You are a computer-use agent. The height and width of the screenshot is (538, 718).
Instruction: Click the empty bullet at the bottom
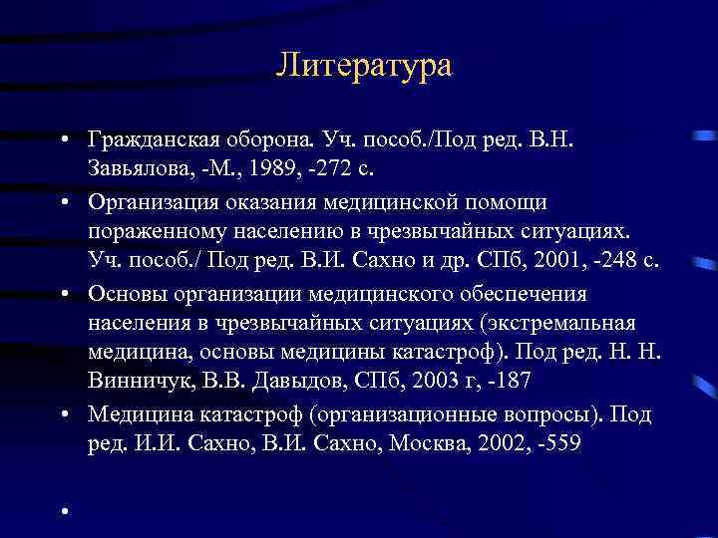tap(62, 512)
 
